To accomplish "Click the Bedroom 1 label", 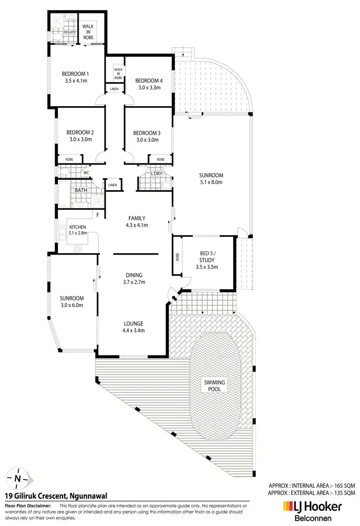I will coord(76,74).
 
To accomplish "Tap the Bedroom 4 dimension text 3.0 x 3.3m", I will coord(147,87).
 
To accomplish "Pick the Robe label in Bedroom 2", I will coord(66,159).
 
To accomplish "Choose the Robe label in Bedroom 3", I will coord(160,159).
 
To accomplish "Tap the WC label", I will coord(86,173).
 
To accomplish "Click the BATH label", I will coord(80,191).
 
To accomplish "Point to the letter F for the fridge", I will coord(97,214).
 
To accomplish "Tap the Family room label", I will coord(136,218).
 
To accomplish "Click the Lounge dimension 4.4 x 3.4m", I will coord(132,330).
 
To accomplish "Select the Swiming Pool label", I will coord(214,385).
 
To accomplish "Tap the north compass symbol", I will coord(18,478).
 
